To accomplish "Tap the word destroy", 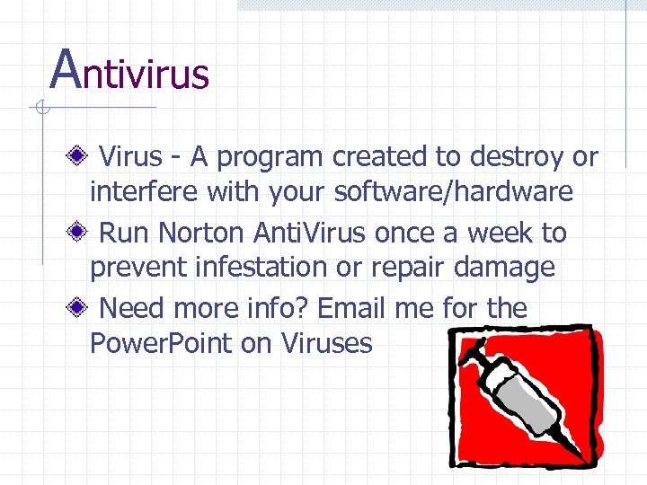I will pyautogui.click(x=513, y=157).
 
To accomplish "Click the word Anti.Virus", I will pyautogui.click(x=310, y=233).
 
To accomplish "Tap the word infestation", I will pyautogui.click(x=306, y=267).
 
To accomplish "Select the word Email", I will pyautogui.click(x=352, y=309).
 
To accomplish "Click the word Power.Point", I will pyautogui.click(x=161, y=343).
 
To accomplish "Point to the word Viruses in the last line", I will pyautogui.click(x=327, y=343).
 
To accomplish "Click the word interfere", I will pyautogui.click(x=145, y=191).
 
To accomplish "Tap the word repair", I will pyautogui.click(x=426, y=267).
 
